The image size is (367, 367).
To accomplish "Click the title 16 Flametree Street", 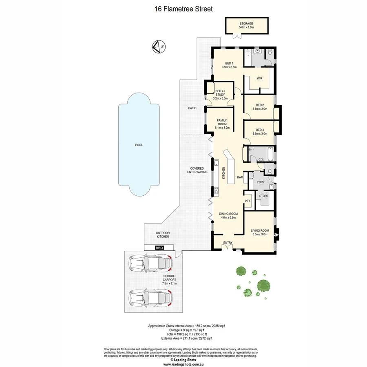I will tap(183, 9).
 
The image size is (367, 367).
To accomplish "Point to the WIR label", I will tap(259, 78).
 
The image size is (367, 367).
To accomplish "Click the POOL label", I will tap(139, 145).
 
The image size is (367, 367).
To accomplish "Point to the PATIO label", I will tap(192, 108).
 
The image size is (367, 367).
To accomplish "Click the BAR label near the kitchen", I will tap(240, 177).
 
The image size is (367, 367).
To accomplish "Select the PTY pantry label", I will tap(247, 201).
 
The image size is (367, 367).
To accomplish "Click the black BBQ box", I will tap(159, 248).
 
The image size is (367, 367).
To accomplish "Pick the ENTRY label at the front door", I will tap(228, 243).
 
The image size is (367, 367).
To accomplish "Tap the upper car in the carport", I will tap(150, 265).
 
